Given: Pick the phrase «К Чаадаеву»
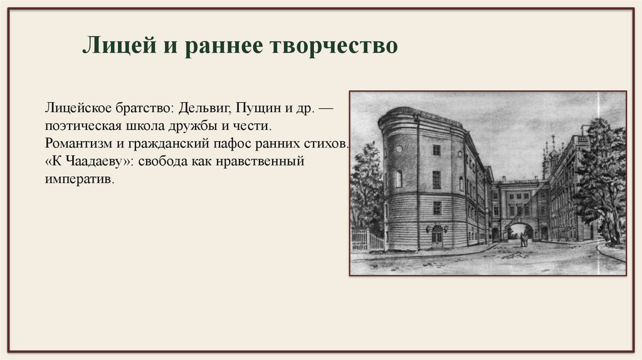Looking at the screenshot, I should click(x=80, y=161).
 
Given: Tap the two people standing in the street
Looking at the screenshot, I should click(x=523, y=239).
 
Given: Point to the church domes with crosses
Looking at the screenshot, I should click(x=550, y=151).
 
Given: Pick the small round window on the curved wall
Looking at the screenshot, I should click(x=399, y=149).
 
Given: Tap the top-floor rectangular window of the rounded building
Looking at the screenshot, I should click(x=436, y=150).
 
